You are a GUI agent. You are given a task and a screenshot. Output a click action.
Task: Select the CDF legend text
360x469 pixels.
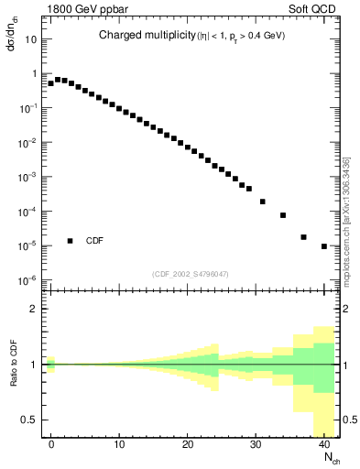(94, 241)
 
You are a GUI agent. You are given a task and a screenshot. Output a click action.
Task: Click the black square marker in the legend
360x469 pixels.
(71, 241)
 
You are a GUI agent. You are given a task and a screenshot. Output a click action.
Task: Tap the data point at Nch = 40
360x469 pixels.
(324, 246)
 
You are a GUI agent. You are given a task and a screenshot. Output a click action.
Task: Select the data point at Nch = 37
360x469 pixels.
(304, 237)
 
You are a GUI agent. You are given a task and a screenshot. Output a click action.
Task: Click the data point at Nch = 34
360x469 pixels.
(283, 215)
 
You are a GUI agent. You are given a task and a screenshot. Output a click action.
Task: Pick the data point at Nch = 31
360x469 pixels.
(263, 202)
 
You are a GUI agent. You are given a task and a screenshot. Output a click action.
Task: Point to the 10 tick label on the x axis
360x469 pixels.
(119, 444)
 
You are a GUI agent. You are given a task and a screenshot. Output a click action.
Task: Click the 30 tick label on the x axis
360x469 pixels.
(256, 444)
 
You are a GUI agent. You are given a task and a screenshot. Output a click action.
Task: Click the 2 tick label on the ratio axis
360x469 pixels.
(36, 309)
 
